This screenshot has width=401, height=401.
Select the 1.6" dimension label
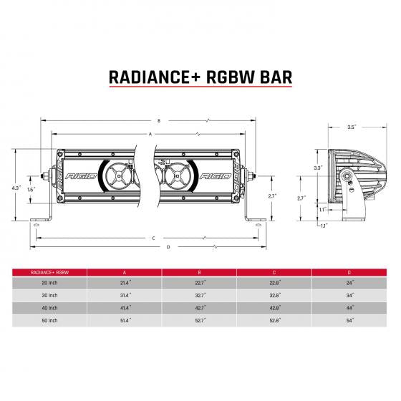pyautogui.click(x=30, y=190)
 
